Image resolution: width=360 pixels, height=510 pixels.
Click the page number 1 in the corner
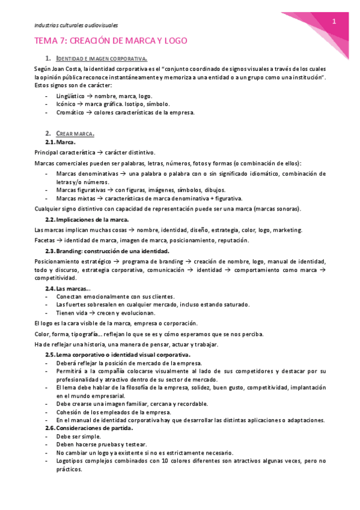pos(334,22)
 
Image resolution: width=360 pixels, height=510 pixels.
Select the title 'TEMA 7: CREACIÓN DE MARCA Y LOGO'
pos(111,41)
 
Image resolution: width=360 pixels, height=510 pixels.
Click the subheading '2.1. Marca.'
pos(61,142)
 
